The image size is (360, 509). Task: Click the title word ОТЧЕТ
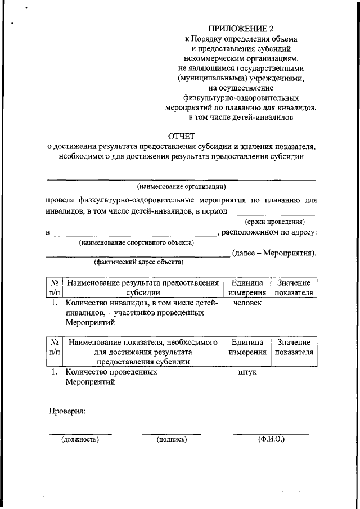tap(181, 136)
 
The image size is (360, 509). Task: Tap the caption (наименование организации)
tap(181, 186)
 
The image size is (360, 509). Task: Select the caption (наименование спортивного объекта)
tap(137, 243)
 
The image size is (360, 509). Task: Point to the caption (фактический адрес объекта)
tap(138, 262)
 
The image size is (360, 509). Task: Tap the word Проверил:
tap(66, 412)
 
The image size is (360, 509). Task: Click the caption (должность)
tap(80, 439)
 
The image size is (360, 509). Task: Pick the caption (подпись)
tap(172, 439)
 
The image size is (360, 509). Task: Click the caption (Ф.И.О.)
tap(271, 439)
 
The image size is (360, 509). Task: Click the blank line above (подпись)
tap(172, 434)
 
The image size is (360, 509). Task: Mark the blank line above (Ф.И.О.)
tap(271, 434)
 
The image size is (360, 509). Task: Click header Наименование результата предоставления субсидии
tap(143, 287)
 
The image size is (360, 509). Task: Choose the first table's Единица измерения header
tap(247, 287)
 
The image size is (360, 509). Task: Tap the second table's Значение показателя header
tap(293, 347)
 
